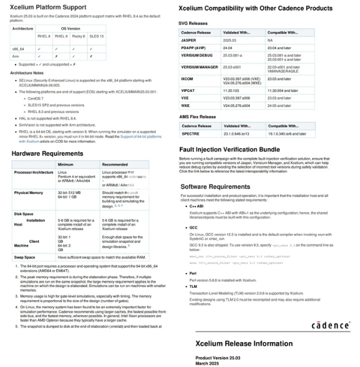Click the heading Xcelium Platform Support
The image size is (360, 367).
coord(47,7)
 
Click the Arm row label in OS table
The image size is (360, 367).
coord(16,56)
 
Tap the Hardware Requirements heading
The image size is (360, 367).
coord(47,154)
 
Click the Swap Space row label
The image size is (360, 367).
coord(25,257)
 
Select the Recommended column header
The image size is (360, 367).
coord(115,165)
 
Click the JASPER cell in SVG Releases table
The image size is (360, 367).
coord(189,40)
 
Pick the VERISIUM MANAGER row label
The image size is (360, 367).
coord(199,67)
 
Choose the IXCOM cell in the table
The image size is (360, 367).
coord(187,79)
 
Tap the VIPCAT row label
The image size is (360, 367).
coord(188,91)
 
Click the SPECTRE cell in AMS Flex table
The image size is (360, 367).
coord(190,134)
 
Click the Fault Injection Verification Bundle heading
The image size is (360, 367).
coord(229,150)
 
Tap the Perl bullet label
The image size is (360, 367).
coord(193,273)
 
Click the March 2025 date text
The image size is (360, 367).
coord(208,363)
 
